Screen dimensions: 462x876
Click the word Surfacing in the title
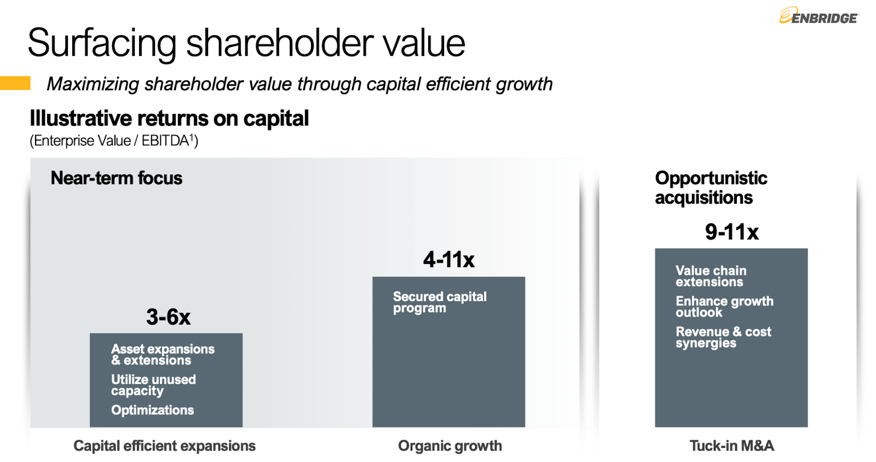[102, 44]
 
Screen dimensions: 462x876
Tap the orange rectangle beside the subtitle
[15, 83]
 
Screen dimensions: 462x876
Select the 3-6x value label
[168, 317]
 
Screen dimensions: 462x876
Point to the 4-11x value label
[448, 259]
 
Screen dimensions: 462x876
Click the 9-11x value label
[731, 232]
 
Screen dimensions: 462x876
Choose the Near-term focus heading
[116, 178]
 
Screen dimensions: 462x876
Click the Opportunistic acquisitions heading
[710, 188]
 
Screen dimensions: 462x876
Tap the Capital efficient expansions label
[164, 446]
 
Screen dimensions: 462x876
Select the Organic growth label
[449, 446]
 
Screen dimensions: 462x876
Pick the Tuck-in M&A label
[731, 446]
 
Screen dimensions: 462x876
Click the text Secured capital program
[439, 302]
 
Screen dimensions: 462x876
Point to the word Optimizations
[152, 410]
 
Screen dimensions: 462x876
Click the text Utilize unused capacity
[153, 385]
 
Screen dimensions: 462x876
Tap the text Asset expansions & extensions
[162, 354]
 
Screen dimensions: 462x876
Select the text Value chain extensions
[710, 276]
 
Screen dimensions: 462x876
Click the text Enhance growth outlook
[724, 307]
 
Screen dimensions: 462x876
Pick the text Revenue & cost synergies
[723, 337]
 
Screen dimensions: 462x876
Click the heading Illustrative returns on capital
[169, 118]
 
